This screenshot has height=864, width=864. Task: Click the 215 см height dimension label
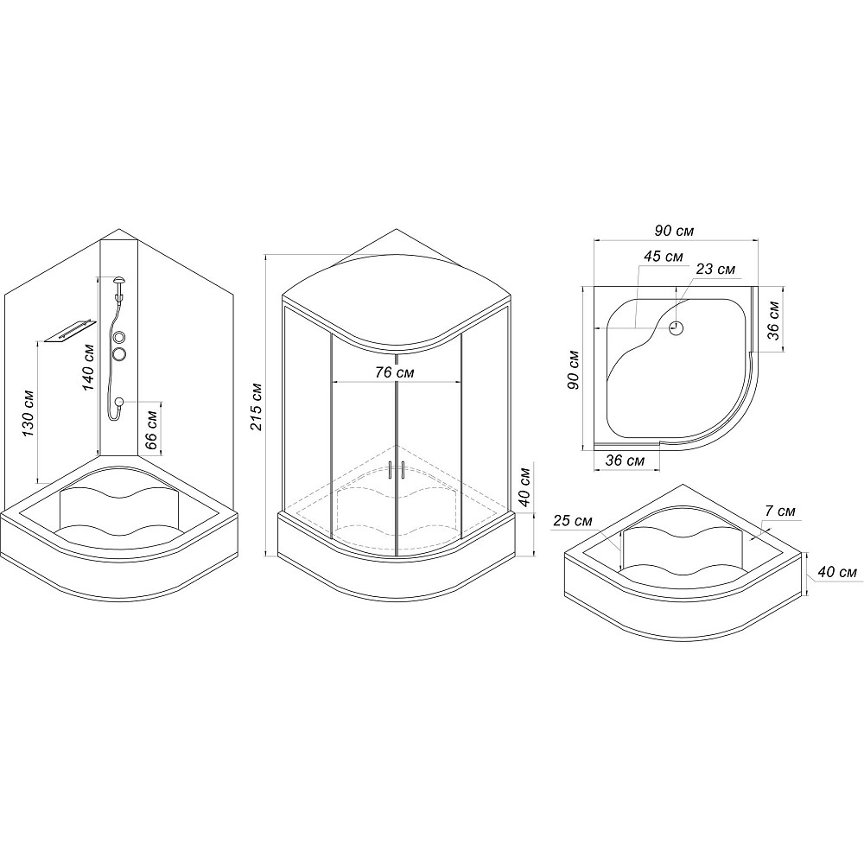click(257, 406)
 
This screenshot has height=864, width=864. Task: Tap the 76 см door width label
click(395, 372)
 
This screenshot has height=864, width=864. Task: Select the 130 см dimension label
click(29, 414)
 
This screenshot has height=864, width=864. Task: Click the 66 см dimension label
click(153, 422)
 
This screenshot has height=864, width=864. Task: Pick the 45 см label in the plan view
click(664, 257)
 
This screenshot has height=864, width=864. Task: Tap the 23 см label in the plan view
click(715, 269)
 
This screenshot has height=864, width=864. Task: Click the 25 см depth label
click(573, 520)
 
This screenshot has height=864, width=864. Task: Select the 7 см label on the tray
click(779, 511)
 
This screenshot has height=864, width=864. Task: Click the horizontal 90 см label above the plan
click(674, 231)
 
